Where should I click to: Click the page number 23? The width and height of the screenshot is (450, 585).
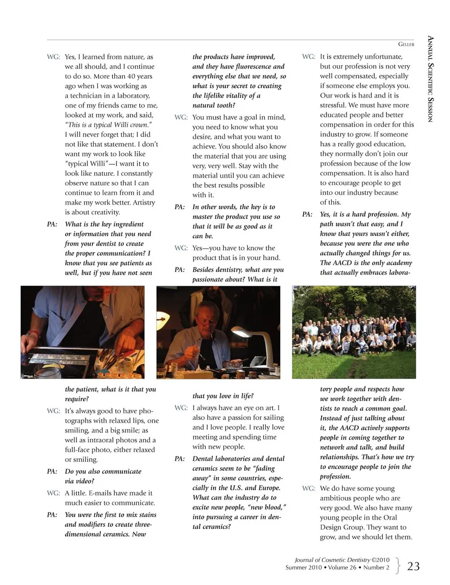(x=413, y=566)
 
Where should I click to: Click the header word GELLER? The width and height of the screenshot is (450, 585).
(x=406, y=44)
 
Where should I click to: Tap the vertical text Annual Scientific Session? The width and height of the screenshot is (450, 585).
(x=430, y=79)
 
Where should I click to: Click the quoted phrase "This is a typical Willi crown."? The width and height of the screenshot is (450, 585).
(x=108, y=125)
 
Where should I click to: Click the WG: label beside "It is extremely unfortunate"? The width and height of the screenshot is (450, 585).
(x=308, y=57)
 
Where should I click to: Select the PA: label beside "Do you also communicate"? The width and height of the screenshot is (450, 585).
(x=52, y=471)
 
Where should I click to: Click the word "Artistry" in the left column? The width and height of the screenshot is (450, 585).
(x=142, y=203)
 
